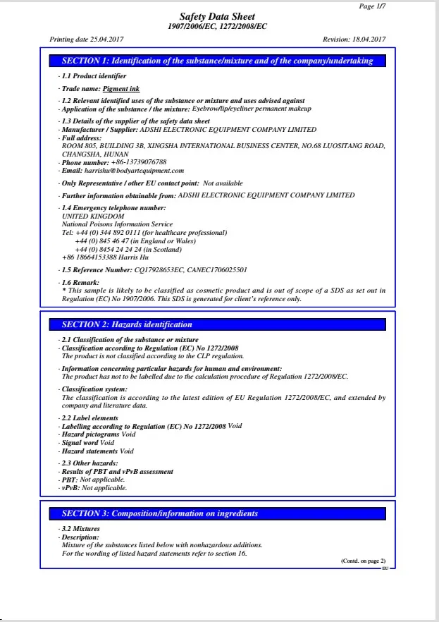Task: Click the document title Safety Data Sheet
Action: pyautogui.click(x=217, y=16)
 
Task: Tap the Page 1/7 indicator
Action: pyautogui.click(x=372, y=6)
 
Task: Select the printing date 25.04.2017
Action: pyautogui.click(x=106, y=39)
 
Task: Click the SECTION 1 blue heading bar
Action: pyautogui.click(x=218, y=61)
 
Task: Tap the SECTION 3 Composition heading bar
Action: pyautogui.click(x=218, y=513)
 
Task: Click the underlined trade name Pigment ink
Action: pyautogui.click(x=120, y=89)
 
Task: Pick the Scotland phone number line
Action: pyautogui.click(x=128, y=249)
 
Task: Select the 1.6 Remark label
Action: pyautogui.click(x=81, y=282)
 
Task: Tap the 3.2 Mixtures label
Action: pyautogui.click(x=80, y=529)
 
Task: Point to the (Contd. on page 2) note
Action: pyautogui.click(x=363, y=561)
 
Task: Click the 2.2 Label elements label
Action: pyautogui.click(x=89, y=418)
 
